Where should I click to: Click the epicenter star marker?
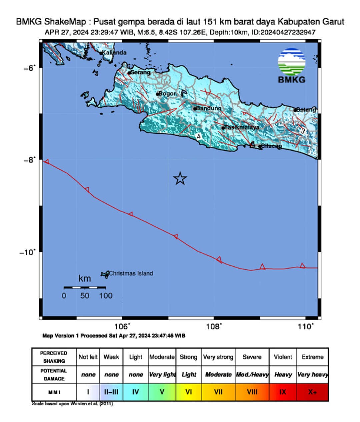tap(180, 179)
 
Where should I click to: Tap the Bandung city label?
tap(208, 108)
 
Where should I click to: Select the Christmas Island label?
tap(131, 273)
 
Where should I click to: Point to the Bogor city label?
tap(167, 94)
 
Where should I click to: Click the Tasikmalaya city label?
tap(242, 127)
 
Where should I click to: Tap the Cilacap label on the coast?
tap(271, 146)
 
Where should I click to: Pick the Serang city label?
tap(140, 72)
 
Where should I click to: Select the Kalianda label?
tap(114, 53)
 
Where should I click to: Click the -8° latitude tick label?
tap(29, 160)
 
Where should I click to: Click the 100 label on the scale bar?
tap(106, 296)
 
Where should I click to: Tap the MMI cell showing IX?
tap(283, 392)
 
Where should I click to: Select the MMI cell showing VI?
tap(189, 392)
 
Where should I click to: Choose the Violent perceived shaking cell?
tap(283, 357)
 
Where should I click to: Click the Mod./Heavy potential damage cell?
tap(252, 375)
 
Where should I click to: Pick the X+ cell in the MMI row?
tap(312, 392)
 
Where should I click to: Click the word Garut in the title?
tap(333, 22)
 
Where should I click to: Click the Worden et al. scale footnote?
tap(72, 404)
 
